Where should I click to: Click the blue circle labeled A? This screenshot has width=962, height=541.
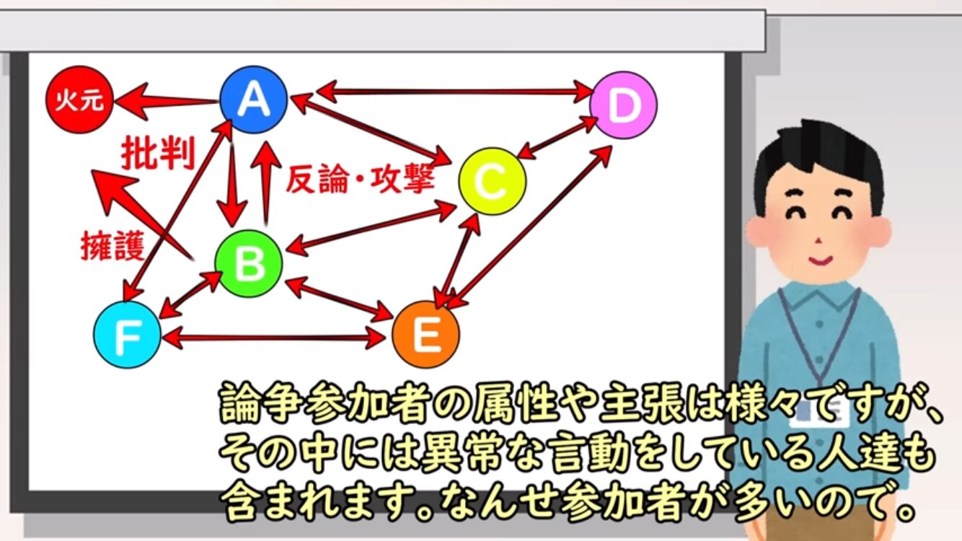[x=253, y=100]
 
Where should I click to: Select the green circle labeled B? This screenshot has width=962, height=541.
[x=249, y=263]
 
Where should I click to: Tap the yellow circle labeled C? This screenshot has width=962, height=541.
[x=492, y=181]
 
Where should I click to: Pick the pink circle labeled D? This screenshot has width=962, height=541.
[x=624, y=105]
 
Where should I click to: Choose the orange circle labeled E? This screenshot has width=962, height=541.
[x=426, y=335]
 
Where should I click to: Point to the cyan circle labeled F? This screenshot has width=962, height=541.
[x=128, y=335]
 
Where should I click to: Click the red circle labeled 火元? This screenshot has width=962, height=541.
[x=79, y=100]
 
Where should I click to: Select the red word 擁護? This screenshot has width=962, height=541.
[x=113, y=246]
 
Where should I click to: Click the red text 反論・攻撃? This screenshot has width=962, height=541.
[x=360, y=179]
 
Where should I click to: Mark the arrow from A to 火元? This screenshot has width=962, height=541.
[x=167, y=102]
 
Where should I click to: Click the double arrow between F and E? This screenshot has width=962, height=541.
[x=273, y=338]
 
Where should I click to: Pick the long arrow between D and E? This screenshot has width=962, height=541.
[x=529, y=227]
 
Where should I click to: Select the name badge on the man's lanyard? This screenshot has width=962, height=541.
[x=819, y=412]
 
